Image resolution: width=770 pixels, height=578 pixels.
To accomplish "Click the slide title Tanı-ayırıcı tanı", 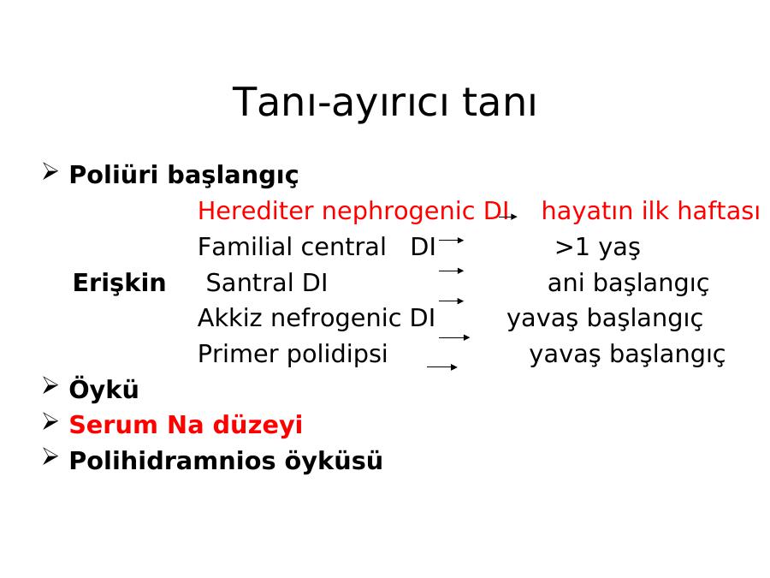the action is click(384, 102).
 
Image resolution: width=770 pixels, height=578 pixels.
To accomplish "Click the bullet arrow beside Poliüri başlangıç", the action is click(50, 172).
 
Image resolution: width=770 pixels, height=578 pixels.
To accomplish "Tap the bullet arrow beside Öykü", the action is click(50, 386).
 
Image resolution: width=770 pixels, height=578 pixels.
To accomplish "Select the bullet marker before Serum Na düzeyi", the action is click(50, 421).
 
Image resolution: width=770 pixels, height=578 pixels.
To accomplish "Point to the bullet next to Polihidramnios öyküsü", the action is click(50, 457).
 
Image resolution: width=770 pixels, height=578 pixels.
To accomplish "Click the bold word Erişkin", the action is click(119, 283).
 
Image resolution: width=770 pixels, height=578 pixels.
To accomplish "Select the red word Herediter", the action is click(257, 211).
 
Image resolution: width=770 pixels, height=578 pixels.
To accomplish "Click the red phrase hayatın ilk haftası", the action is click(651, 211).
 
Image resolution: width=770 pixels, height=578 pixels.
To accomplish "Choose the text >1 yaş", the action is click(598, 247).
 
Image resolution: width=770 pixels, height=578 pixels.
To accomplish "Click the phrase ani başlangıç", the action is click(628, 283).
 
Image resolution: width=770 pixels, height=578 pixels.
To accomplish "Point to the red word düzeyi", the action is click(258, 425).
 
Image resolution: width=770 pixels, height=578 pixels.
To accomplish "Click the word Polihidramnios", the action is click(172, 461).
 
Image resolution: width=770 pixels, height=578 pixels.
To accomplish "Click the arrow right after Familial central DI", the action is click(451, 241).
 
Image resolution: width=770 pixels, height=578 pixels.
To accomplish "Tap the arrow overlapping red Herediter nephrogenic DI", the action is click(507, 217).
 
